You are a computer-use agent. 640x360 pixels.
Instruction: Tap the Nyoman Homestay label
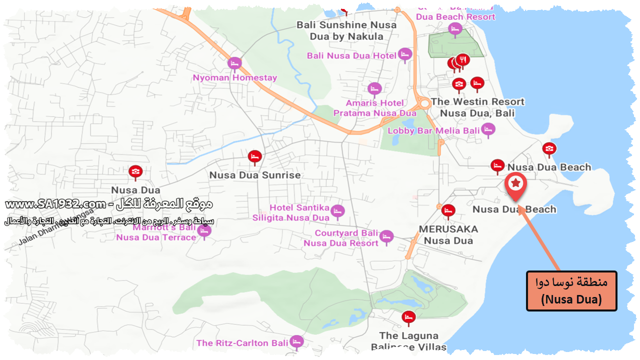234,78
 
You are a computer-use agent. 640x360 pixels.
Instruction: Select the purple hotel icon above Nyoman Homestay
234,63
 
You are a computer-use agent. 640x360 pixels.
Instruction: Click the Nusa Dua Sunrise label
255,175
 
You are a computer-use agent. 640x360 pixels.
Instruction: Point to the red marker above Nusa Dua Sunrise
254,157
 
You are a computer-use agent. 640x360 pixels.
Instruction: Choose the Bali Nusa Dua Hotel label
352,55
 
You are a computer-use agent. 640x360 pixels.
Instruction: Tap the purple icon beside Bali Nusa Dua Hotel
404,54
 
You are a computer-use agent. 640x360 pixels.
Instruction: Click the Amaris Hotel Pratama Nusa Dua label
375,108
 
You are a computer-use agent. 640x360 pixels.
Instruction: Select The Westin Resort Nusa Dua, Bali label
477,107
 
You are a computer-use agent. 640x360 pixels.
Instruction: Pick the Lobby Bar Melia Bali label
434,131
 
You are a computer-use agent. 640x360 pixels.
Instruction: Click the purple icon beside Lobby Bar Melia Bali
488,129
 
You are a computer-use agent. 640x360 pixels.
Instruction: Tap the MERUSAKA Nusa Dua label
448,234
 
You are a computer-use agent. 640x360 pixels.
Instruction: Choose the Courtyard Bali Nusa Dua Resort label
346,238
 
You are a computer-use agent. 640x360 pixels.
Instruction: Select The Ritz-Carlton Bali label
242,343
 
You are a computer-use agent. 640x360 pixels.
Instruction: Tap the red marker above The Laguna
408,317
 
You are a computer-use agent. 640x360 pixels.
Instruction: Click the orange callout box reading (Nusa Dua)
571,291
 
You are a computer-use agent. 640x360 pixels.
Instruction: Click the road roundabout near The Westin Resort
424,104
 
